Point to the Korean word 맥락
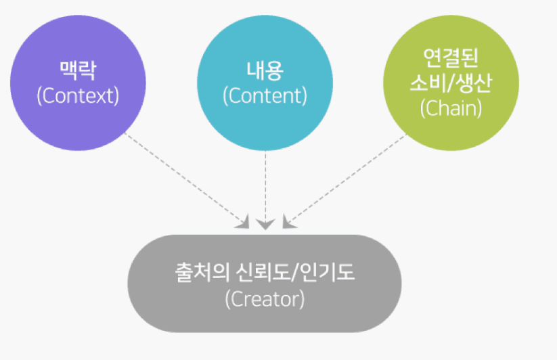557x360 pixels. click(x=78, y=70)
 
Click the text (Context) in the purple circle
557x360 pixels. click(x=78, y=95)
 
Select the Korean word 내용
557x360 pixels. click(x=265, y=70)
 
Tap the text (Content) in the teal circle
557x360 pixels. click(x=265, y=95)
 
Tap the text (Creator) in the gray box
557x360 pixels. click(x=265, y=298)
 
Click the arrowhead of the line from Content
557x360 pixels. click(x=265, y=224)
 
